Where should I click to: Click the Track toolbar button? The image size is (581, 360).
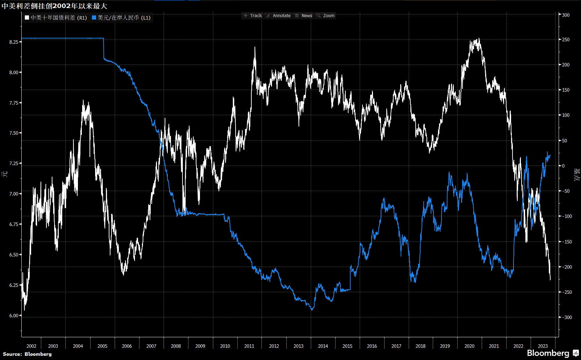(253, 16)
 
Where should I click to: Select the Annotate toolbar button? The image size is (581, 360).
(278, 16)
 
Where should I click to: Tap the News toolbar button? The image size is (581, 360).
(304, 16)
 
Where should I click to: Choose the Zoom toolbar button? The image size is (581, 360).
(325, 16)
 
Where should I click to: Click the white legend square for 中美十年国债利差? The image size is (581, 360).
(27, 18)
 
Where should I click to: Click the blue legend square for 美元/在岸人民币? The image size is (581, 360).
(94, 18)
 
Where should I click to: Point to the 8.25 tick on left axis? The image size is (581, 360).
(14, 42)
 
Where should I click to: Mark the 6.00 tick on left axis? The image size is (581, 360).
(14, 316)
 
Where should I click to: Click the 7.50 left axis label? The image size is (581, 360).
(14, 133)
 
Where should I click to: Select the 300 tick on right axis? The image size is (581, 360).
(566, 15)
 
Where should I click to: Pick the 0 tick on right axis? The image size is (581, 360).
(563, 166)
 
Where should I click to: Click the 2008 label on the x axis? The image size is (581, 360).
(176, 346)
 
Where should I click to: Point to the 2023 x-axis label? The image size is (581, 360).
(543, 346)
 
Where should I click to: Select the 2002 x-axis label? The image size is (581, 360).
(31, 346)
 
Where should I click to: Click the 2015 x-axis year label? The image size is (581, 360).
(347, 346)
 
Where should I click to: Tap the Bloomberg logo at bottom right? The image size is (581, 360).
(552, 353)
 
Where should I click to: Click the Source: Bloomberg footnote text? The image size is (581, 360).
(27, 354)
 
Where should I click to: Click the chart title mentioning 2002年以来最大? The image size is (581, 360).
(55, 6)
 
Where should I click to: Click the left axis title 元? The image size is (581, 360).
(5, 174)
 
